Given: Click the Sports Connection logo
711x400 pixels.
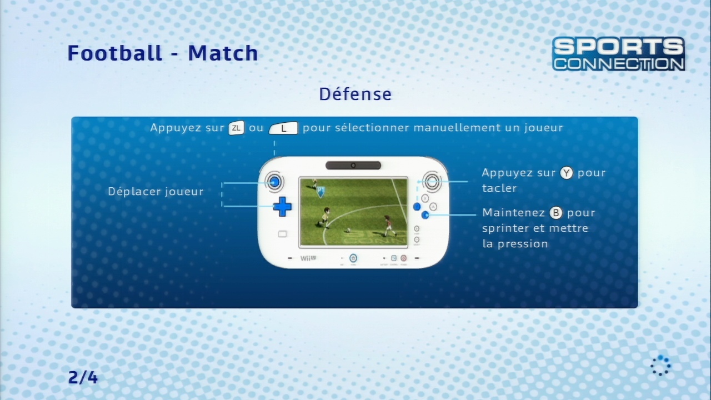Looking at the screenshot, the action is tap(618, 54).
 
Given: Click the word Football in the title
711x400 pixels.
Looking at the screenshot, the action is tap(115, 53).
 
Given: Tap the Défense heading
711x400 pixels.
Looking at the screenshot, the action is tap(355, 94).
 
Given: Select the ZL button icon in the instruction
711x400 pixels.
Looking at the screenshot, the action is tap(237, 128).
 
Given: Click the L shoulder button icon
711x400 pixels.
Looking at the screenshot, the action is tap(283, 128).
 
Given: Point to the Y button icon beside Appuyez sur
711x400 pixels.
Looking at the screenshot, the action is tap(566, 173).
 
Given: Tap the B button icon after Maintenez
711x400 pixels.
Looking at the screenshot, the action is tap(556, 213).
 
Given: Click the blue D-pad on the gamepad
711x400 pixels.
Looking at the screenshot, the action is tap(282, 207).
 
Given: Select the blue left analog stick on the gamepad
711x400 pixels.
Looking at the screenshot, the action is tap(274, 182).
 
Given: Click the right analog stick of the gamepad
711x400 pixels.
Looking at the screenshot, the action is tap(432, 182).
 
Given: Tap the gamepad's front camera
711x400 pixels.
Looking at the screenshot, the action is tap(353, 166).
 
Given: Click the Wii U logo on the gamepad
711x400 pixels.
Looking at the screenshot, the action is tap(308, 258).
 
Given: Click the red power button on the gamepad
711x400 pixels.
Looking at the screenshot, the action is tap(403, 258).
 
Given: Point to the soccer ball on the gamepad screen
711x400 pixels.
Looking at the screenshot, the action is tap(348, 230).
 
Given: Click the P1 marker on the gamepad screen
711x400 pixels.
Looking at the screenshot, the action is tap(321, 192).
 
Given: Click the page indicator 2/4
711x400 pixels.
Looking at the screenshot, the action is tap(83, 377).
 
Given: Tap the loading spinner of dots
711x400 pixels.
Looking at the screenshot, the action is tap(660, 366).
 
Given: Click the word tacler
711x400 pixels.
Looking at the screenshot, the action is tap(499, 188).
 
